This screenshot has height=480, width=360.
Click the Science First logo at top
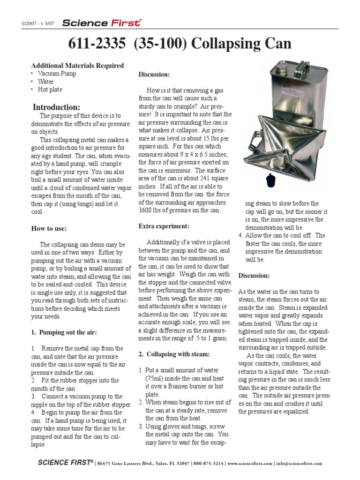click(102, 22)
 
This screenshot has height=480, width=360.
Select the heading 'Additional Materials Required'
click(77, 66)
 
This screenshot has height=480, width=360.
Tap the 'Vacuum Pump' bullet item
click(57, 74)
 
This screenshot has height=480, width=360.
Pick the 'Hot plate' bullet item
click(50, 90)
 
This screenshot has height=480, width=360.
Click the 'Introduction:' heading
click(56, 107)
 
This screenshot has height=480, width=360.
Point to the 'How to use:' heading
click(49, 228)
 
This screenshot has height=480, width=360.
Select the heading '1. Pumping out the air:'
click(64, 332)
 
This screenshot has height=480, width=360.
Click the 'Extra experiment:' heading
click(164, 226)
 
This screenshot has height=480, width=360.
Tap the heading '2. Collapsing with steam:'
click(174, 354)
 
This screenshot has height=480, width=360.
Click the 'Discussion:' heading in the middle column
click(154, 75)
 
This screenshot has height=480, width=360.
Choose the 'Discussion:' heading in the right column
click(254, 275)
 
